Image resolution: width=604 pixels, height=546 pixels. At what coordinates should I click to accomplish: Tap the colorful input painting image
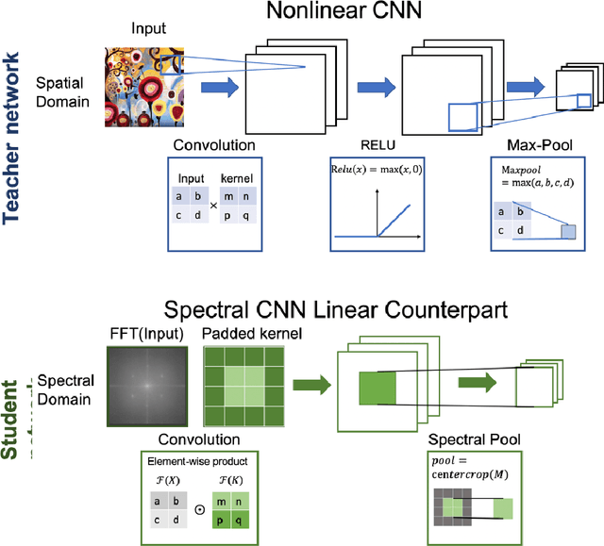tap(150, 84)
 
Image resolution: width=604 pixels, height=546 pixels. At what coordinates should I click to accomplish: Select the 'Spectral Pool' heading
tap(474, 440)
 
